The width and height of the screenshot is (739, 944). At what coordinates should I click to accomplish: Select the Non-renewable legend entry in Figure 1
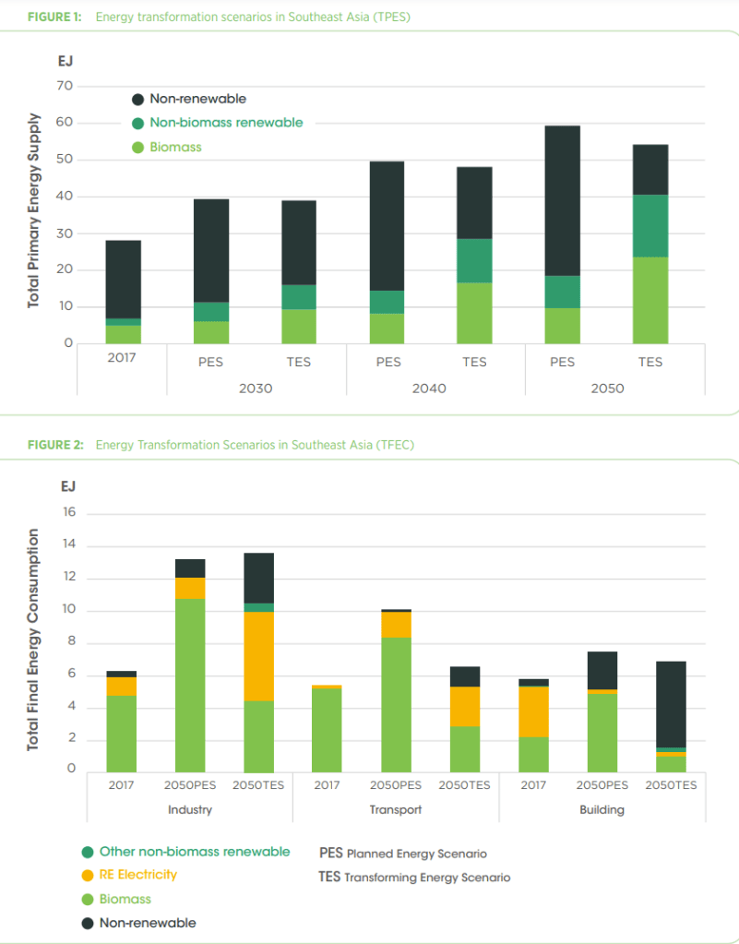[197, 99]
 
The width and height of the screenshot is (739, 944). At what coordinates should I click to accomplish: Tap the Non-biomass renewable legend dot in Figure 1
[137, 123]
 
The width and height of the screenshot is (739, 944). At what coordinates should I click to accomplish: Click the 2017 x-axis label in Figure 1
[121, 357]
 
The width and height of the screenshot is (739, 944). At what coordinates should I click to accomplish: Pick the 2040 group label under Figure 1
[429, 388]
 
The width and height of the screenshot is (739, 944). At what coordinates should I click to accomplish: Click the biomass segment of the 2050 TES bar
[650, 300]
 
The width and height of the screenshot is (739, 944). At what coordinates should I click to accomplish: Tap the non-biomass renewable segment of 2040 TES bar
[474, 260]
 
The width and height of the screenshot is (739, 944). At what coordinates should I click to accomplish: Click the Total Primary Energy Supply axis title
[33, 210]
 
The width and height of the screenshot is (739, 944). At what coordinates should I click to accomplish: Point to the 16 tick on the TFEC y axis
[70, 513]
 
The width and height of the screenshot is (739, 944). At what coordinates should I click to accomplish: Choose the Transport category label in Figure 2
[396, 809]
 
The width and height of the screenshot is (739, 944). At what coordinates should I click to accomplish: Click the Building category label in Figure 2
[602, 809]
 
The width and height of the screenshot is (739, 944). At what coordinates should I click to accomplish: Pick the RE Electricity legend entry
[137, 874]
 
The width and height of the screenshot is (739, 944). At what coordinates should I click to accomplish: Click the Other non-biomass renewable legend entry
[194, 851]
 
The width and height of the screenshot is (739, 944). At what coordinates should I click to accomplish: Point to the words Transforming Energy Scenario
[427, 878]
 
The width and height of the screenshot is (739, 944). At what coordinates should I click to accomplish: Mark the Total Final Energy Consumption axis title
[33, 639]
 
